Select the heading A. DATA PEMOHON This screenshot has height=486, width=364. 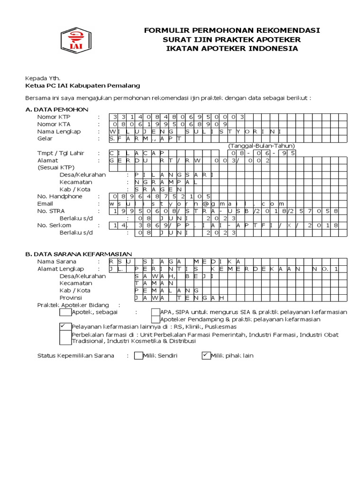point(57,109)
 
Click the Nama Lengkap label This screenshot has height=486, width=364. point(59,131)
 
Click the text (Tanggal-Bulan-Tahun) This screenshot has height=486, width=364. point(261,146)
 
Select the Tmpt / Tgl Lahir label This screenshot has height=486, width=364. point(61,153)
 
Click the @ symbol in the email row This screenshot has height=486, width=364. point(206,204)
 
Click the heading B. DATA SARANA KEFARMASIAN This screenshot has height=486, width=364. point(78,254)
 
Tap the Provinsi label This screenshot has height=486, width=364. point(72,298)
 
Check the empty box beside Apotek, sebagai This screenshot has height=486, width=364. point(65,312)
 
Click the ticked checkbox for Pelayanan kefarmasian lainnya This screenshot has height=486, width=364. point(65,327)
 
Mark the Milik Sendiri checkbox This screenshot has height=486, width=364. point(138,355)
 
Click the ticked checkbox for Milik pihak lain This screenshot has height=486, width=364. point(206,355)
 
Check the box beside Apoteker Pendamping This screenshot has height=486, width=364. point(155,319)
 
